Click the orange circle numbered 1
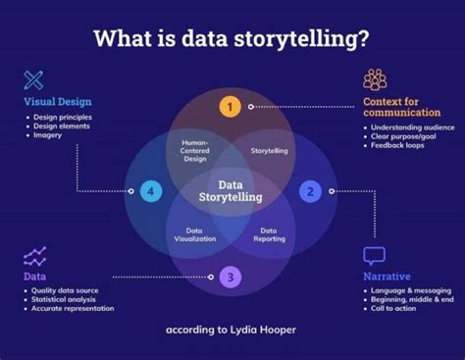tap(230, 107)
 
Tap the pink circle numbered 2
tap(310, 191)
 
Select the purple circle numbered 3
tap(230, 277)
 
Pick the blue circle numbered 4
tap(150, 191)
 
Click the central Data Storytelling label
tap(231, 191)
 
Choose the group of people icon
tap(375, 78)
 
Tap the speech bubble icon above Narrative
tap(374, 256)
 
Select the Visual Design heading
tap(58, 100)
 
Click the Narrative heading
tap(387, 278)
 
